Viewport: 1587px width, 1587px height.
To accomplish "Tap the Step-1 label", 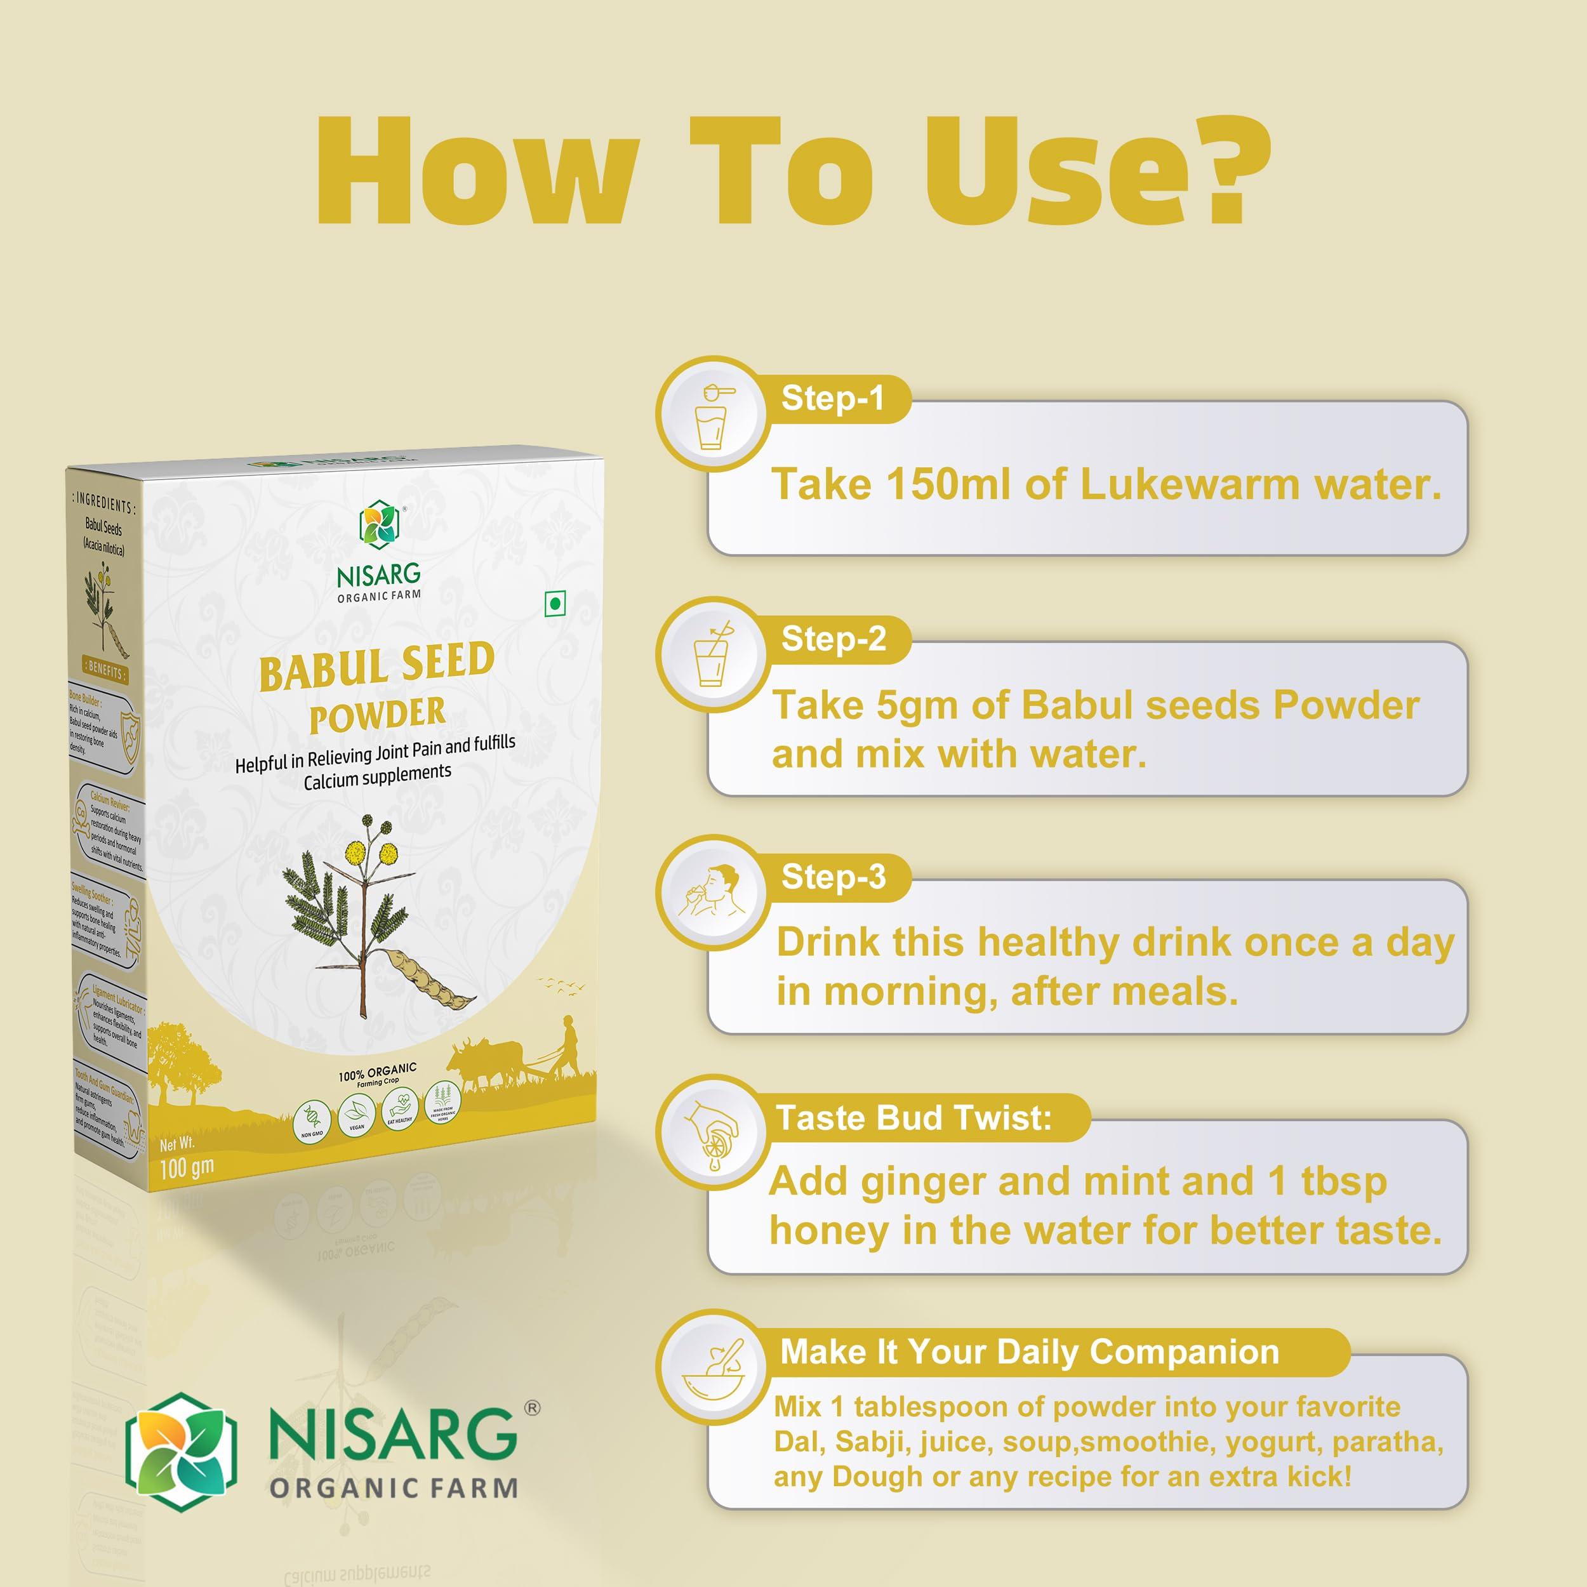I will pos(832,399).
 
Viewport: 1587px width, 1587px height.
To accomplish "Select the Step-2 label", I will pos(833,638).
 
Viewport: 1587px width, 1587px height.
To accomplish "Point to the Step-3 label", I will pos(833,877).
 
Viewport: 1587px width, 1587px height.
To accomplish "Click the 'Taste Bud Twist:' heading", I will pos(913,1117).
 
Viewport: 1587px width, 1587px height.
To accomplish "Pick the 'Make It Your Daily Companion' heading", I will pos(1029,1351).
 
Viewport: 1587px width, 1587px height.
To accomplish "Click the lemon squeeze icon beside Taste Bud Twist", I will pos(712,1132).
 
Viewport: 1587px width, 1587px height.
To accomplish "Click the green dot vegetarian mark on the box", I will pos(555,604).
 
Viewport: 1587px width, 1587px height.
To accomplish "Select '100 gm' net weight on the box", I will pos(187,1167).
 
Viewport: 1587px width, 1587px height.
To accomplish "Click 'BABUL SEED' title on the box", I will pos(376,666).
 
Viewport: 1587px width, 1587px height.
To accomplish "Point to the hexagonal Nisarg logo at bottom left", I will pos(181,1451).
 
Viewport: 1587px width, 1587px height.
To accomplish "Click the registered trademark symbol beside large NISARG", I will pos(533,1408).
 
